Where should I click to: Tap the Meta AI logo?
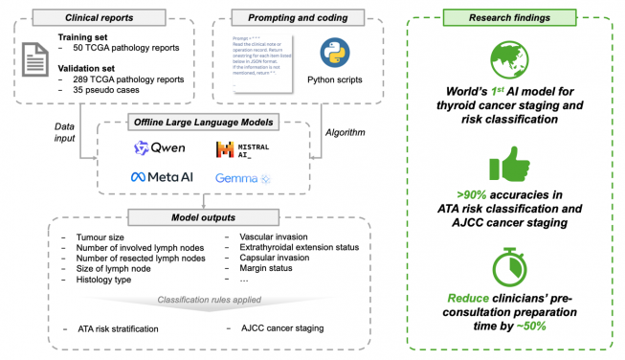[162, 178]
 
